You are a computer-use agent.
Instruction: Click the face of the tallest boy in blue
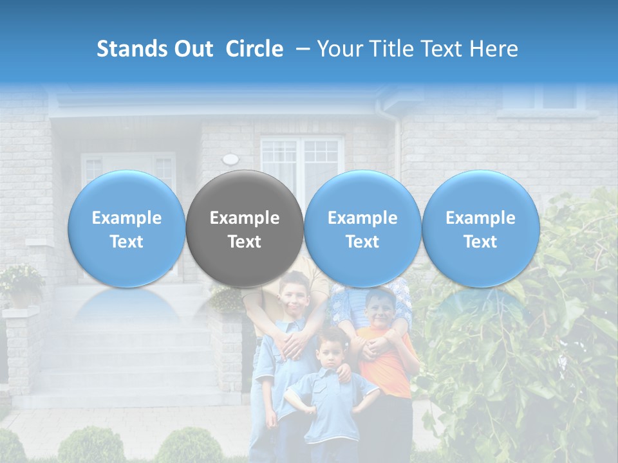click(x=295, y=295)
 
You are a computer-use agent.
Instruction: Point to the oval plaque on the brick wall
click(x=230, y=159)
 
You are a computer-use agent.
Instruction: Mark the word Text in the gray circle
click(x=245, y=242)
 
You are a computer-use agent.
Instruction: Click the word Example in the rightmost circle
click(x=481, y=218)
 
